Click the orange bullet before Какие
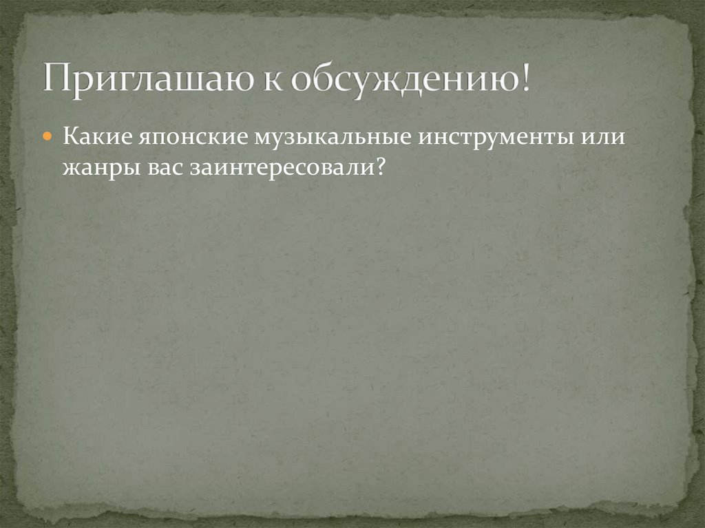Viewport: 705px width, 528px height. coord(48,136)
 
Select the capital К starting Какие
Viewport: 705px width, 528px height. coord(69,136)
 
